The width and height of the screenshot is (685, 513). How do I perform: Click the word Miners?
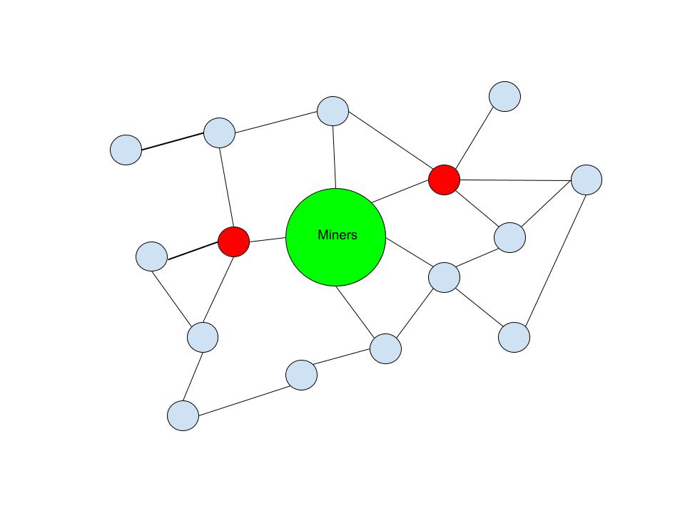coord(337,235)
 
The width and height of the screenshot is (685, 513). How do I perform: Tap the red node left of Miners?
coord(233,242)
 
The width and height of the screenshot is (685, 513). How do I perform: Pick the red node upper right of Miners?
coord(444,180)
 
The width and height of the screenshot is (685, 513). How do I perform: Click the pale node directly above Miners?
coord(333,111)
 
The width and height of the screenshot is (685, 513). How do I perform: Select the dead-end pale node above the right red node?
coord(504,96)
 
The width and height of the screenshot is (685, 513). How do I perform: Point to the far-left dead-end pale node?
coord(126,150)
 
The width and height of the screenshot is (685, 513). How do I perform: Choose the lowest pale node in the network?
coord(183,415)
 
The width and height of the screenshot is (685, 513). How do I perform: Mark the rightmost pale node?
coord(587,180)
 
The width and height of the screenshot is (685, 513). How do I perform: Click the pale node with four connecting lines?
coord(444,277)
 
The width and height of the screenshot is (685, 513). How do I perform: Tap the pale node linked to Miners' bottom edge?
coord(385,348)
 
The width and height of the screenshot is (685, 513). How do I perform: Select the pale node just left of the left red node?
coord(151,256)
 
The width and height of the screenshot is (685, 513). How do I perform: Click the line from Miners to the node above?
coord(334,157)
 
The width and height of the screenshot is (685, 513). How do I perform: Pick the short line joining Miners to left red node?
coord(268,239)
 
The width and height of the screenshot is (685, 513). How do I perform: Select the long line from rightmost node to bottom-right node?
coord(556,258)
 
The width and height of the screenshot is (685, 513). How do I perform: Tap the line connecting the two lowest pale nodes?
coord(243,395)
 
